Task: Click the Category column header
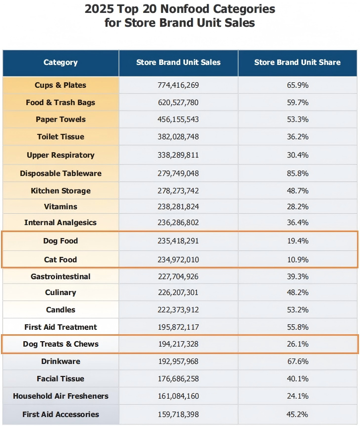[x=60, y=62]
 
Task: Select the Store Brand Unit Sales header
[x=179, y=62]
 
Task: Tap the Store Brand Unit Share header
[x=297, y=62]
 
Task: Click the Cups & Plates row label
[x=60, y=85]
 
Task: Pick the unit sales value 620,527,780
[x=179, y=103]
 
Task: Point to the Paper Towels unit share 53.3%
[x=298, y=120]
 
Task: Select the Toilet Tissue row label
[x=60, y=137]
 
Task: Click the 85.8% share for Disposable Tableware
[x=298, y=174]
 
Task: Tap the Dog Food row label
[x=60, y=241]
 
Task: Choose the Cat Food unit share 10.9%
[x=298, y=260]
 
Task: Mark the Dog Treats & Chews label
[x=60, y=344]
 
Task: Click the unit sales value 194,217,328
[x=179, y=344]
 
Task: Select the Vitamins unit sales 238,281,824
[x=179, y=207]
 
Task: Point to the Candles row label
[x=60, y=310]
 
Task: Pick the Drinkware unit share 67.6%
[x=298, y=362]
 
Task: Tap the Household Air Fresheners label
[x=60, y=396]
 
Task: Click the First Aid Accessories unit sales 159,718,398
[x=179, y=415]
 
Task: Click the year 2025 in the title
[x=101, y=9]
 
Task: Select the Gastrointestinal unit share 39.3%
[x=298, y=277]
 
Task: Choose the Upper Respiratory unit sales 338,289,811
[x=179, y=155]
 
